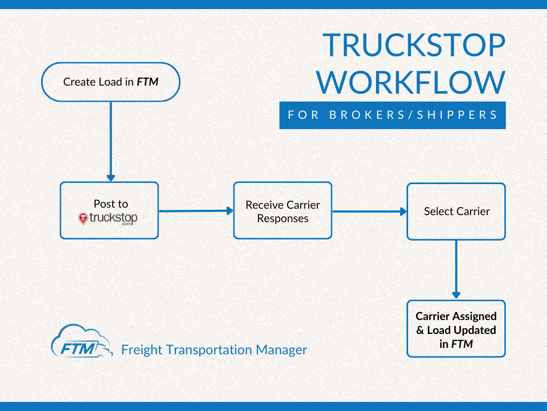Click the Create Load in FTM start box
click(x=111, y=82)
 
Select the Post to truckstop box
click(x=109, y=210)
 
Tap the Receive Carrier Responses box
click(x=283, y=210)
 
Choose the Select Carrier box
click(x=456, y=211)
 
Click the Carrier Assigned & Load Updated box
click(x=456, y=329)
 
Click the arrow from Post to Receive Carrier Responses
click(x=196, y=211)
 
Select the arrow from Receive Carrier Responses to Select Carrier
click(x=369, y=211)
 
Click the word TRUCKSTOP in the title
click(x=414, y=45)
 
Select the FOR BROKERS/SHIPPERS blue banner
click(x=392, y=115)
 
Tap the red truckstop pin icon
click(x=83, y=218)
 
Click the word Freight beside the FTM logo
click(x=142, y=350)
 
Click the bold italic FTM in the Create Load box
click(x=147, y=82)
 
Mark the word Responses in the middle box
click(x=283, y=218)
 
